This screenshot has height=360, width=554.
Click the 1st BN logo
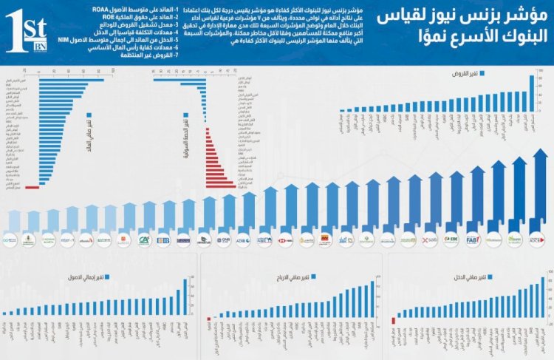26,33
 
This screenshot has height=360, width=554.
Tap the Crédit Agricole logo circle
145,240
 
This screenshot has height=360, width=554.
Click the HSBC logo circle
286,240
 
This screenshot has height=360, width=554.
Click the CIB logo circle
163,240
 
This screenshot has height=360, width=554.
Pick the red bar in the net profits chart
209,321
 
